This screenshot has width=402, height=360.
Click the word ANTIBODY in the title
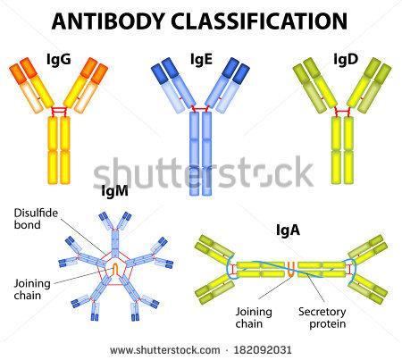(108, 21)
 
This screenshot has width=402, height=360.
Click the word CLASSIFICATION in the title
(259, 21)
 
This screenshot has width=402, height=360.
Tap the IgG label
(59, 59)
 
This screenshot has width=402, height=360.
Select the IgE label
(201, 59)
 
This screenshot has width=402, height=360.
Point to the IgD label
(346, 59)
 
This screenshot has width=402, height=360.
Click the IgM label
(114, 190)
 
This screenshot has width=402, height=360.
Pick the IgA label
(288, 230)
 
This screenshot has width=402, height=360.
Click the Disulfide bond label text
(36, 219)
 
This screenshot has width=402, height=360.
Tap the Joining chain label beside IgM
(32, 289)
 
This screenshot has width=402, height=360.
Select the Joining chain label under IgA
(254, 317)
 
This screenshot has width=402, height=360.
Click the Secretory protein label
(322, 317)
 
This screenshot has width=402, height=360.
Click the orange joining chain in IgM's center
(115, 269)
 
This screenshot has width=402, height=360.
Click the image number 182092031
(263, 350)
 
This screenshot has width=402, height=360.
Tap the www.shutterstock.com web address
(165, 350)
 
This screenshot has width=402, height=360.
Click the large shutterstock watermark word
(203, 172)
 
